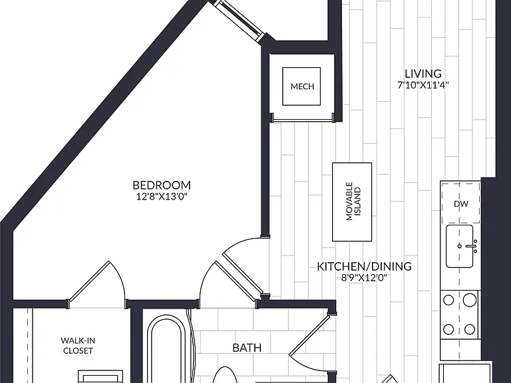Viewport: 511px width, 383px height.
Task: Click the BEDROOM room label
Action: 162,185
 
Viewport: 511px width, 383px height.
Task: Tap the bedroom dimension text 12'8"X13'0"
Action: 162,196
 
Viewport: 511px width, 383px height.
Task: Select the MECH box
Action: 301,86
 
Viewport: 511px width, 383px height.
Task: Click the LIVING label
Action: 423,74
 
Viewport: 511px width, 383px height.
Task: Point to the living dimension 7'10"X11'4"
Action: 423,85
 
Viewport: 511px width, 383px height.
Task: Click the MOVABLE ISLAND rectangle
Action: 352,202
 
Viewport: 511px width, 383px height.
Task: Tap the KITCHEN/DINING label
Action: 365,267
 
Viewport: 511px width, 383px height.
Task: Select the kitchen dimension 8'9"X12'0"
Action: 365,278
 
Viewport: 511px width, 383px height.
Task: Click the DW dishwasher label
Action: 461,204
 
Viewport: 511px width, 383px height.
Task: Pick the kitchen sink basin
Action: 460,246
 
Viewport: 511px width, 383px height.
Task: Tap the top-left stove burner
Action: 448,300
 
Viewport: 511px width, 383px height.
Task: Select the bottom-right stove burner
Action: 470,329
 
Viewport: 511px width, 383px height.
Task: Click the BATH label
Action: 247,348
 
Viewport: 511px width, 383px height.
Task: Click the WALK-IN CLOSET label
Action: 78,346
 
